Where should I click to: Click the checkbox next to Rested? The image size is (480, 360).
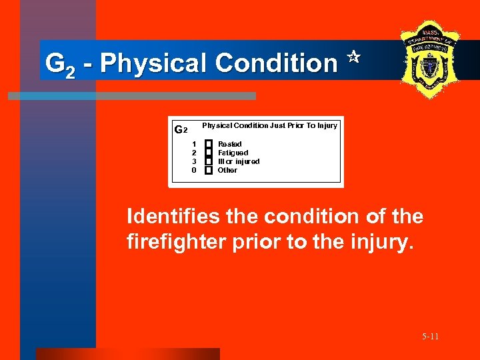coord(208,144)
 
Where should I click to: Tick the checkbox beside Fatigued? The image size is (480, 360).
coord(208,153)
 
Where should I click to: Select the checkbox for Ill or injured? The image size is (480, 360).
coord(208,161)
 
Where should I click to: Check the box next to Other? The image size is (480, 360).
coord(208,170)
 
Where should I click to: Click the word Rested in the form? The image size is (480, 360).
coord(230,144)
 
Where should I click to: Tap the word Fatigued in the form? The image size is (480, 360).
coord(233,153)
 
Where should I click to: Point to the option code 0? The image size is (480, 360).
coord(194,170)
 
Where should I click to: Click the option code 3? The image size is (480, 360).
coord(194,161)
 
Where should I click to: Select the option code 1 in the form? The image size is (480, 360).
coord(194,144)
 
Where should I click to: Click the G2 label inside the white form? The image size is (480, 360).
coord(181,129)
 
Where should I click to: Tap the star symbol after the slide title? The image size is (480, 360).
coord(353,59)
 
